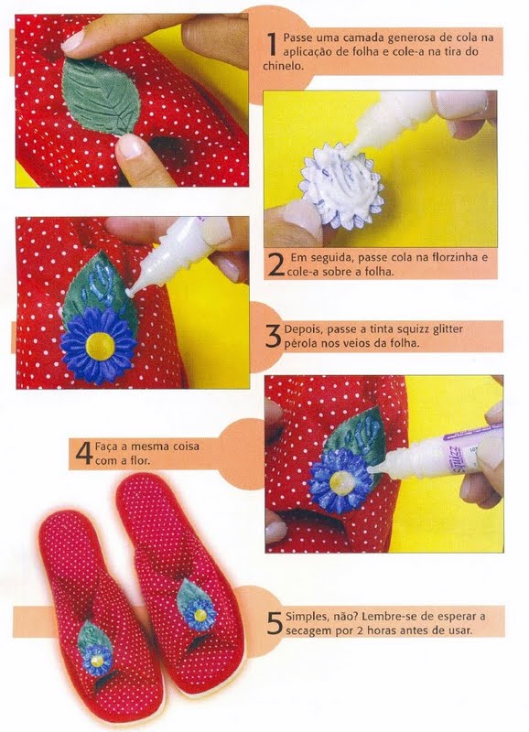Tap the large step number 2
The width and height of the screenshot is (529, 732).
click(275, 265)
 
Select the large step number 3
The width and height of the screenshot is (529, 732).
click(273, 335)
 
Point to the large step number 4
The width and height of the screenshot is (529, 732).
click(83, 453)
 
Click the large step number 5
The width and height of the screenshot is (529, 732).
click(275, 623)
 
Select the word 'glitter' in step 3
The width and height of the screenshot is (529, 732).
click(447, 329)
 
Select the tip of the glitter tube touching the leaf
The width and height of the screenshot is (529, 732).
click(130, 292)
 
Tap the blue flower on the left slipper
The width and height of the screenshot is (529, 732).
click(97, 658)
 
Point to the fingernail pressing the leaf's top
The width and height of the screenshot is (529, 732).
click(73, 40)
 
